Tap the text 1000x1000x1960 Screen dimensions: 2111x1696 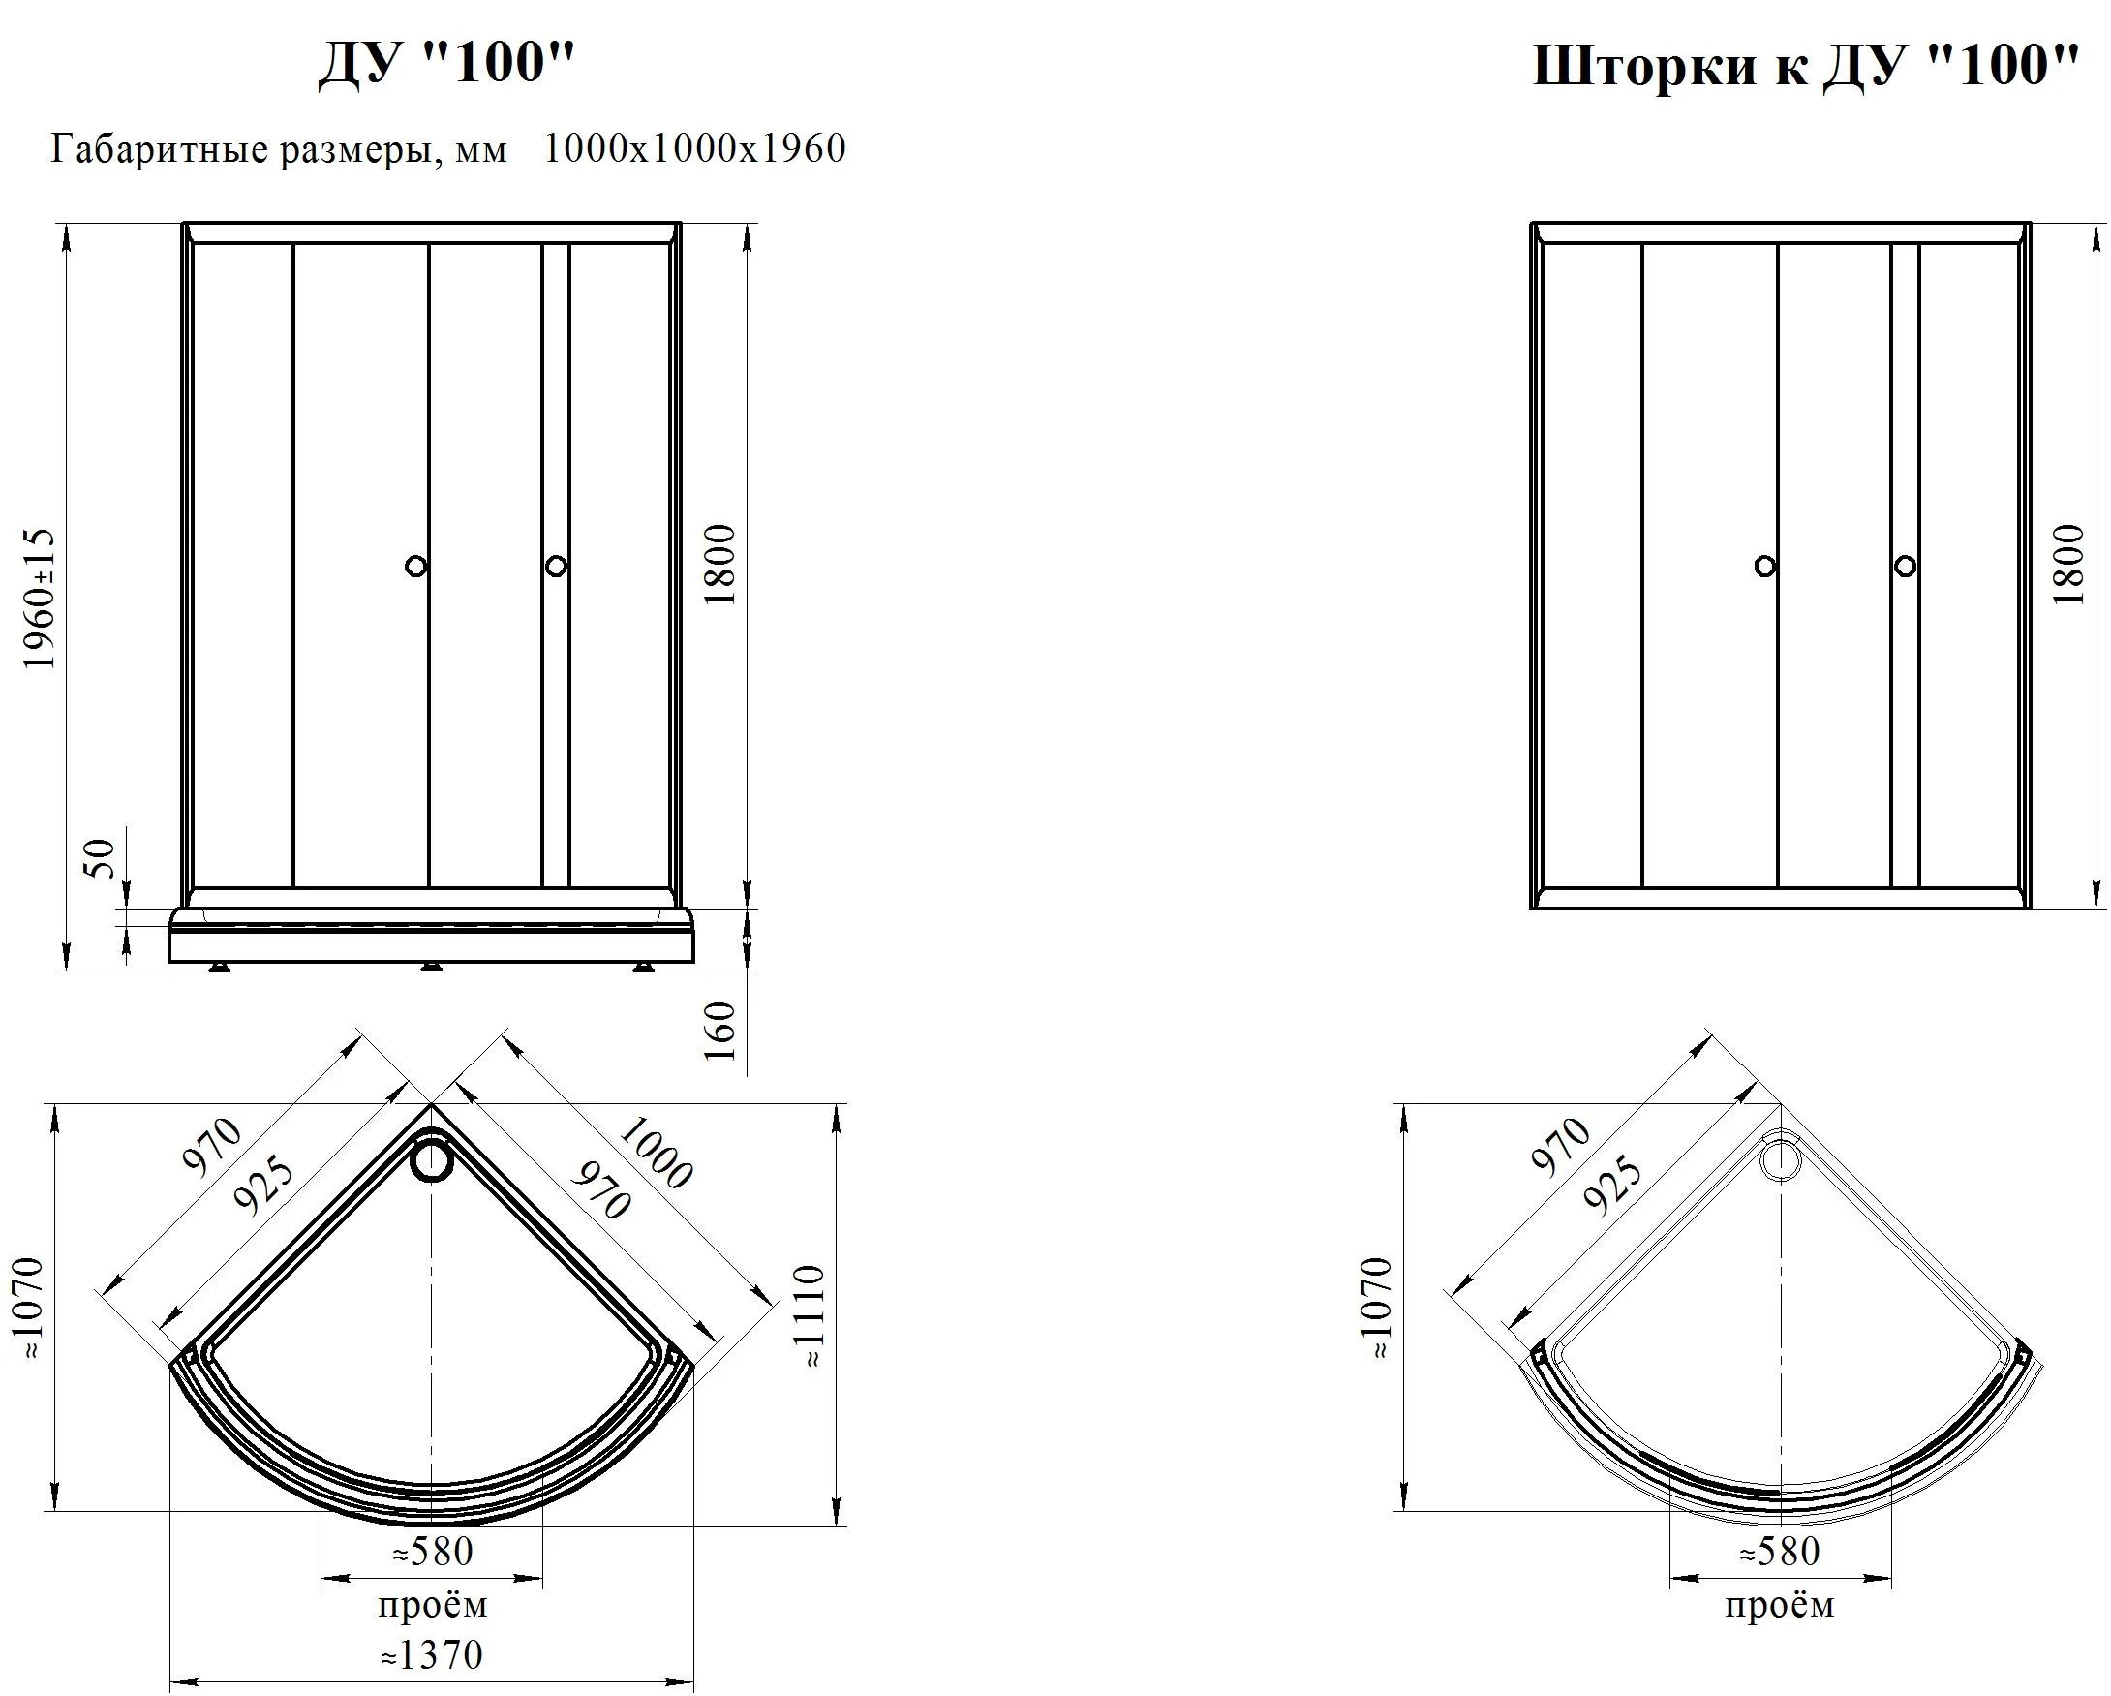pos(695,149)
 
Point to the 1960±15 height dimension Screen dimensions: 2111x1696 pos(40,599)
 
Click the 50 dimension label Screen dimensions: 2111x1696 pos(102,859)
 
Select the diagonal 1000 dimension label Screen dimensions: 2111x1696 pos(655,1155)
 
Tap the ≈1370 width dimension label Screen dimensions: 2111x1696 pos(432,1655)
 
